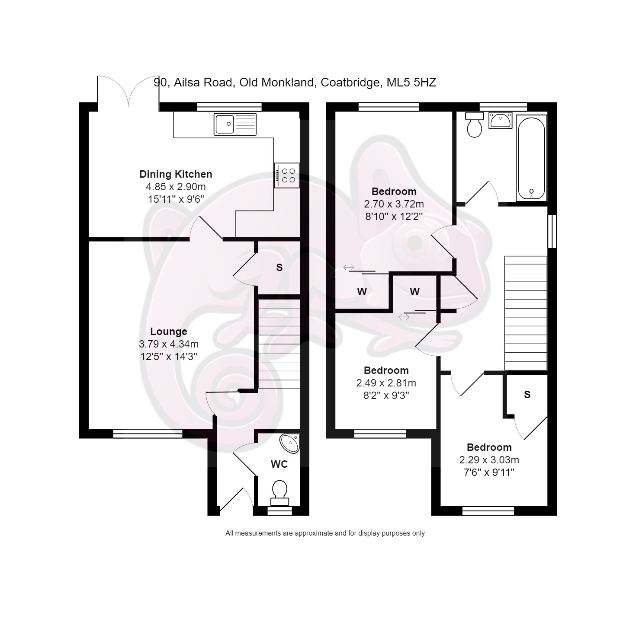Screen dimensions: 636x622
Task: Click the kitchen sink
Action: coord(235,124)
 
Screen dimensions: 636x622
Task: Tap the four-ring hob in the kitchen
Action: coord(286,175)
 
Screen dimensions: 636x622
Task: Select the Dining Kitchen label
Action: coord(176,174)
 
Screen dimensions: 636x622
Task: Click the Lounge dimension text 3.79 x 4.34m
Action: coord(169,344)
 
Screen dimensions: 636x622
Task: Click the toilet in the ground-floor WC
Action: coord(279,493)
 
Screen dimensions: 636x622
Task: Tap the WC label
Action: coord(279,464)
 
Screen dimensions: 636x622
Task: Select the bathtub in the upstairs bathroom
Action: coord(531,158)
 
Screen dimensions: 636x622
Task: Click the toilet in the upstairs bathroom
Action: coord(475,124)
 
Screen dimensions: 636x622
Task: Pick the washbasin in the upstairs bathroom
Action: coord(501,120)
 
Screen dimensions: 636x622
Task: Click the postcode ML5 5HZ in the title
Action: coord(411,82)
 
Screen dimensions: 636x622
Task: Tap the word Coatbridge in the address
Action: coord(350,83)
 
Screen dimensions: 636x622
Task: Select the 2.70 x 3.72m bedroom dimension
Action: coord(394,204)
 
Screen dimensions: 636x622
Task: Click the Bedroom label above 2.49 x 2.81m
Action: coord(386,370)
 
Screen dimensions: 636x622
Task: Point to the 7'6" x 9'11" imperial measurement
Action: coord(489,472)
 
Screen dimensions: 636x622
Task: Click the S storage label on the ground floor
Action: coord(279,268)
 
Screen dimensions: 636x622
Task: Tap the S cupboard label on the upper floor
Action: coord(527,395)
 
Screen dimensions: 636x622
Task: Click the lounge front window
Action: coord(148,434)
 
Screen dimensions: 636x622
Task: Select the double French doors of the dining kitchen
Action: coord(128,93)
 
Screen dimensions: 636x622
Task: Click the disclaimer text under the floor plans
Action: coord(325,533)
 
